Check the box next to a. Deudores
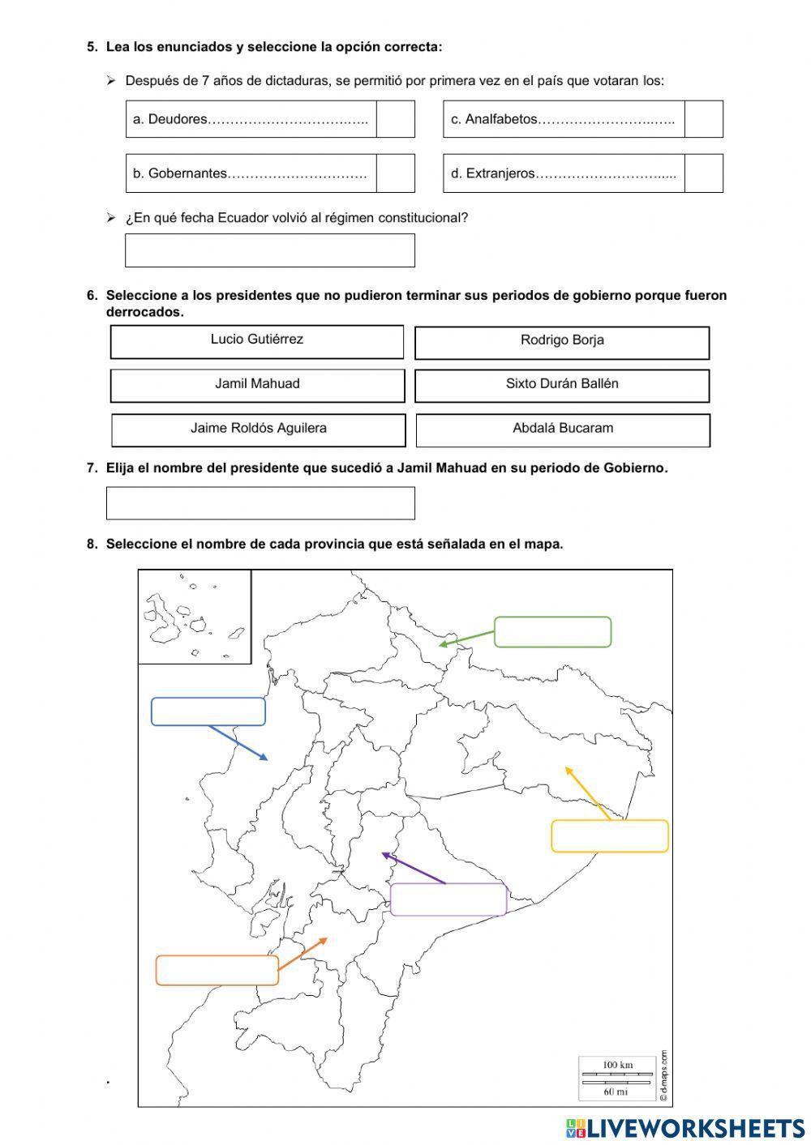point(395,119)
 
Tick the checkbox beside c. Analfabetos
point(703,119)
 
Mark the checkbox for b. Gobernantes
point(395,173)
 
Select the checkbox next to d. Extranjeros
point(703,173)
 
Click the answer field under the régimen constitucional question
point(269,250)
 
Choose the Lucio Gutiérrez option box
point(256,341)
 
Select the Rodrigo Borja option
point(561,342)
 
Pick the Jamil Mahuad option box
point(256,385)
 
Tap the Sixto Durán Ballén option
point(561,385)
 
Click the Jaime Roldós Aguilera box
point(258,429)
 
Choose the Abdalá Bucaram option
point(562,429)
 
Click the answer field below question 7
point(260,502)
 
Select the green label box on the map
point(552,632)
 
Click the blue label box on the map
point(208,711)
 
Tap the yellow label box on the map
point(609,835)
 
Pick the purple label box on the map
point(448,899)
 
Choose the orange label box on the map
point(217,970)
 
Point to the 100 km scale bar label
point(617,1065)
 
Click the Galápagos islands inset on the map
point(194,616)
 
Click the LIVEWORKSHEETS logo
point(685,1127)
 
